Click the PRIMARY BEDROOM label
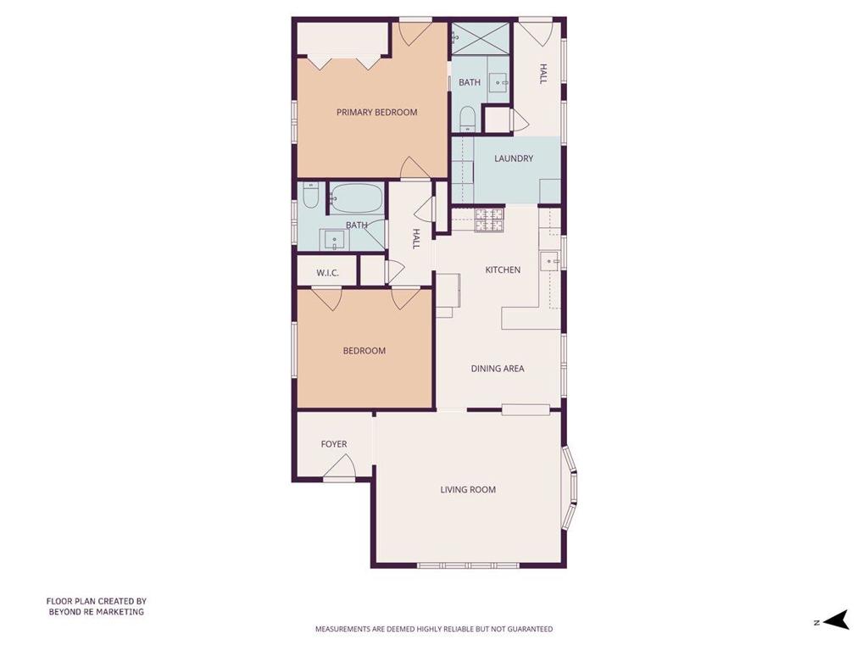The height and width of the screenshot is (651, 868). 376,113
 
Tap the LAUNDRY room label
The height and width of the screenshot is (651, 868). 513,159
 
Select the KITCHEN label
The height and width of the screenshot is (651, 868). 503,270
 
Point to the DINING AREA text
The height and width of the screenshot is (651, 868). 497,369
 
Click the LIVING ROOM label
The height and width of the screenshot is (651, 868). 468,489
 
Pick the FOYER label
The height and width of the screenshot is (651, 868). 334,444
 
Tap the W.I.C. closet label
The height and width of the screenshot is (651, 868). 327,273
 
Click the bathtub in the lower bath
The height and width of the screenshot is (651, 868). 358,198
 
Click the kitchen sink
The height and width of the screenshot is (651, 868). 550,259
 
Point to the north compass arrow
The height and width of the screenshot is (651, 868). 836,620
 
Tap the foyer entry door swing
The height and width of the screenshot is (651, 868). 339,466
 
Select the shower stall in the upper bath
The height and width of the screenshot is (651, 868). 480,37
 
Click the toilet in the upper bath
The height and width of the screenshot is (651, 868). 467,119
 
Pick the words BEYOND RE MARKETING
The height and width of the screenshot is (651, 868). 97,612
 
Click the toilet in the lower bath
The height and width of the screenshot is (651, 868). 310,196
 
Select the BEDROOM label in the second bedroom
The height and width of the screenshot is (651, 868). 364,351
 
